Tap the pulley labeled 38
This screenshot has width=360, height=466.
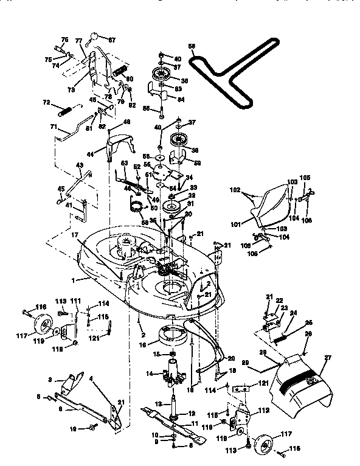(181, 139)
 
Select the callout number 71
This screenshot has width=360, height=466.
(53, 128)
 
